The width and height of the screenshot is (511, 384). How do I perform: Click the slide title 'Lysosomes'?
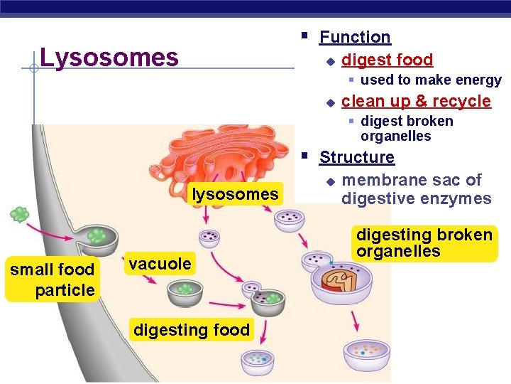click(x=109, y=58)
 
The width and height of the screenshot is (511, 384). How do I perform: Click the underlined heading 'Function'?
click(x=355, y=37)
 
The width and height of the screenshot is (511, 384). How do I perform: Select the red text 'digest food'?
click(x=387, y=60)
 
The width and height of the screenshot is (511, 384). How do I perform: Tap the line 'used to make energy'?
click(x=431, y=80)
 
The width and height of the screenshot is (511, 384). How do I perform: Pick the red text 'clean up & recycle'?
click(x=416, y=101)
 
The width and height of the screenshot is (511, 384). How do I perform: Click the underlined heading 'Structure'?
click(x=356, y=157)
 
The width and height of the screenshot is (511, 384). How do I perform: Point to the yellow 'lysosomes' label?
click(x=235, y=194)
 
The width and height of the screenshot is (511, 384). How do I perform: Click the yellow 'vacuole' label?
click(x=160, y=264)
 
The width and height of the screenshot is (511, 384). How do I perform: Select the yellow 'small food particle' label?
click(x=52, y=279)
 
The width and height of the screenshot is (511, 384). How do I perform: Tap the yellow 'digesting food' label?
click(x=192, y=330)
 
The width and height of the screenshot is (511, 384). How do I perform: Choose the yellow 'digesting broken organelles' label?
click(x=424, y=243)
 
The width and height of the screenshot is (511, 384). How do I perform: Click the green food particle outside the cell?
click(x=19, y=214)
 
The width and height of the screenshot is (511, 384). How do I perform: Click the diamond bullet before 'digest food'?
click(x=329, y=61)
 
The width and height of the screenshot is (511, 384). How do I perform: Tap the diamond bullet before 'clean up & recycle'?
click(x=329, y=102)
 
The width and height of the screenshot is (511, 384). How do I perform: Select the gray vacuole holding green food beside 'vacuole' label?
click(x=185, y=291)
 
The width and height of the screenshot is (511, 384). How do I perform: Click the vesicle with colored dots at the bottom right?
click(x=367, y=353)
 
